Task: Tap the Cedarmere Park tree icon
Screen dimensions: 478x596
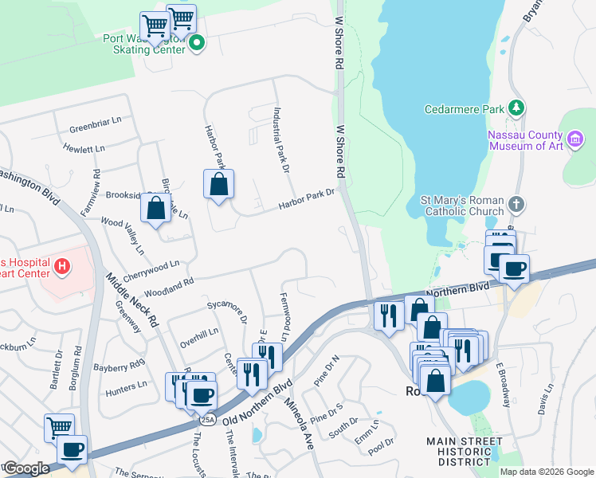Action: click(x=516, y=108)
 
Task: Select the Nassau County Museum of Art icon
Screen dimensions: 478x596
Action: click(x=575, y=141)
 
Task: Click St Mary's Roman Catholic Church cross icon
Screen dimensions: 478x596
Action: click(x=516, y=205)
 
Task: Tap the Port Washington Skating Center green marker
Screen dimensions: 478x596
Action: click(x=197, y=43)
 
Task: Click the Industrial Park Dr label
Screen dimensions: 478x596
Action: click(x=280, y=141)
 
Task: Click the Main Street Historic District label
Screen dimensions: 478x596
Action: click(x=465, y=451)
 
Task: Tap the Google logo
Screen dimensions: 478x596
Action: click(x=26, y=468)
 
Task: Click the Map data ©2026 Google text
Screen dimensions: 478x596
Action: click(x=546, y=471)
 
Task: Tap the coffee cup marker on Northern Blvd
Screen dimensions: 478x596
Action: click(x=514, y=268)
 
